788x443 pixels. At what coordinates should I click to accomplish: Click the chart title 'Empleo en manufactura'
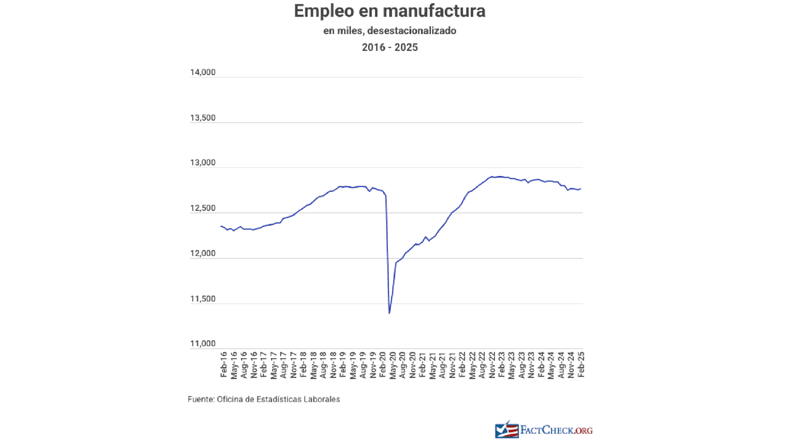pyautogui.click(x=389, y=11)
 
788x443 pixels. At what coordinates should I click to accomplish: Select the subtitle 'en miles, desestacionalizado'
pyautogui.click(x=389, y=31)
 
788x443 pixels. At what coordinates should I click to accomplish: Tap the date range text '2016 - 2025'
pyautogui.click(x=389, y=47)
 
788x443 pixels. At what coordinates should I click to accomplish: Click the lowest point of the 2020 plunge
pyautogui.click(x=389, y=313)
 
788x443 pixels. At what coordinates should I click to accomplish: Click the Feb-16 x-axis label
pyautogui.click(x=224, y=364)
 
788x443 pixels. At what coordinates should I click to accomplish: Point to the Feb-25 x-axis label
pyautogui.click(x=580, y=364)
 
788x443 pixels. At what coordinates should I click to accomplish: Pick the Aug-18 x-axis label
pyautogui.click(x=323, y=364)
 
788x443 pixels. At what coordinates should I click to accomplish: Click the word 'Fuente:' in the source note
pyautogui.click(x=201, y=399)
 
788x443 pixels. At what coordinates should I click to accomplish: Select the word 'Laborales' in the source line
pyautogui.click(x=321, y=399)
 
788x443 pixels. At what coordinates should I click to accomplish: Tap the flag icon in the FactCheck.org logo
pyautogui.click(x=506, y=429)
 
